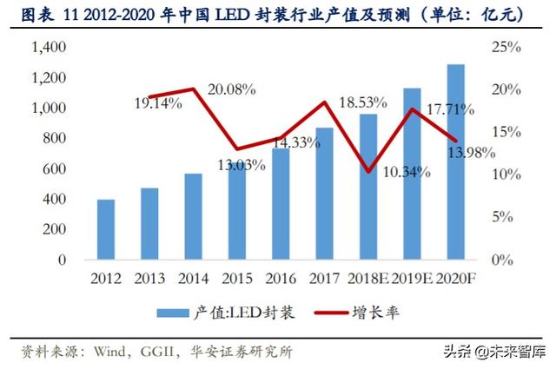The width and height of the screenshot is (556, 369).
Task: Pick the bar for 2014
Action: pos(193,216)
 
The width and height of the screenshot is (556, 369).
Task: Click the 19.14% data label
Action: pos(157,104)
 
